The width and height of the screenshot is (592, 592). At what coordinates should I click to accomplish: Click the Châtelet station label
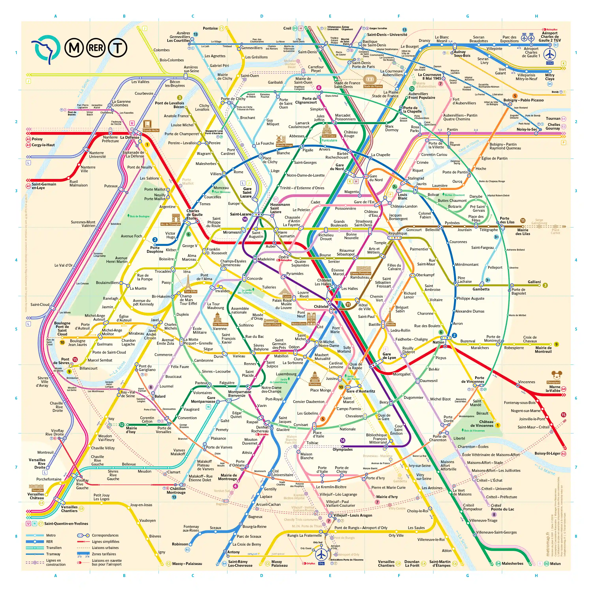pyautogui.click(x=321, y=306)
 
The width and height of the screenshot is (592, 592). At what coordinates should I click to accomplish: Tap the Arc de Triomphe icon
pyautogui.click(x=176, y=218)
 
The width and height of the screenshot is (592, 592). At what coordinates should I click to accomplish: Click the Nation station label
pyautogui.click(x=438, y=342)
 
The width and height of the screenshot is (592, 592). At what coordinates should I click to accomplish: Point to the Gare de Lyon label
pyautogui.click(x=389, y=356)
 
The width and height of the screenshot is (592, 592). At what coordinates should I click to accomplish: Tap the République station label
pyautogui.click(x=398, y=233)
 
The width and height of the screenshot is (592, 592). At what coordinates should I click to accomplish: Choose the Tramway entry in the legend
pyautogui.click(x=53, y=554)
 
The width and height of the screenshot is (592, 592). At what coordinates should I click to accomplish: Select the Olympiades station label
pyautogui.click(x=343, y=450)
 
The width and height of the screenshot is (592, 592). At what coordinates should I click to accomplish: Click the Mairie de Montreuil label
pyautogui.click(x=543, y=350)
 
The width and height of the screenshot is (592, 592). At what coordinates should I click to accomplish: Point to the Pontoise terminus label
pyautogui.click(x=210, y=28)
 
